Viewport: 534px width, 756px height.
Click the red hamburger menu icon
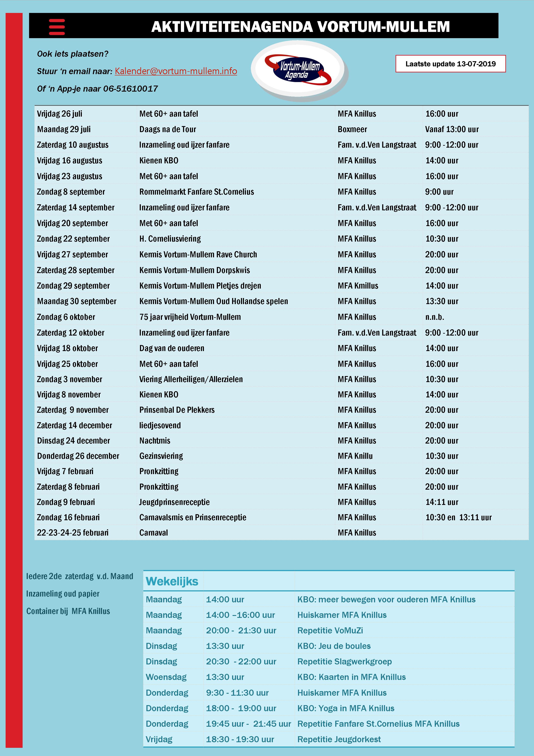[57, 27]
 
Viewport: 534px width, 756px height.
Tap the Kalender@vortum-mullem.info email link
[176, 71]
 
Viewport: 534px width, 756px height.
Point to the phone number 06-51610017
[131, 89]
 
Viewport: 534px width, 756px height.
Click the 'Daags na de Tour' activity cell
[168, 129]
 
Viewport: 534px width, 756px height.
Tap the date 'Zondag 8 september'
[71, 192]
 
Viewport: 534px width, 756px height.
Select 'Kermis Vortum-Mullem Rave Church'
[198, 255]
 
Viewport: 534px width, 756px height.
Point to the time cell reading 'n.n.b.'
[435, 317]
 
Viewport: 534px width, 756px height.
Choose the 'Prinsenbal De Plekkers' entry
[177, 410]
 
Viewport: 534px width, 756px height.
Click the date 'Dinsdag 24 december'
[73, 441]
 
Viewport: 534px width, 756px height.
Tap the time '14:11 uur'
[442, 502]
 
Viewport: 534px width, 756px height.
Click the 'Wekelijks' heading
[172, 581]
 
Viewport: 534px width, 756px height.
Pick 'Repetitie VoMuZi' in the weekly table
[330, 631]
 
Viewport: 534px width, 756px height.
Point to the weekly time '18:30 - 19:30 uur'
[240, 739]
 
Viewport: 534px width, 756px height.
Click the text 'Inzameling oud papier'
[62, 594]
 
